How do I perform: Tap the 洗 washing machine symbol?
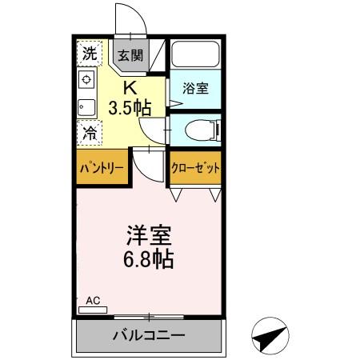pos(90,54)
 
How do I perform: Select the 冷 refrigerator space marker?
pos(90,133)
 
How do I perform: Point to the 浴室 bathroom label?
pos(195,88)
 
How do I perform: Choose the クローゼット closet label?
pos(196,169)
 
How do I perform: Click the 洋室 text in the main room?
pos(149,238)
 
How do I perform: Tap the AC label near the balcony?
pos(94,301)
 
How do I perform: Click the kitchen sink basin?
pos(85,106)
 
